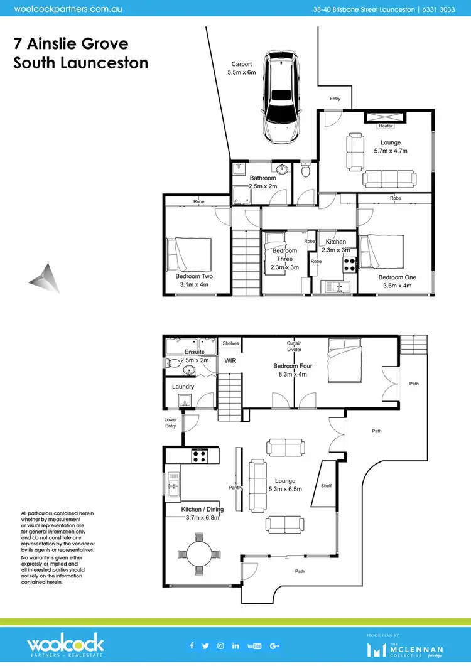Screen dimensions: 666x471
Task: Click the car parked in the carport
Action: [x=281, y=96]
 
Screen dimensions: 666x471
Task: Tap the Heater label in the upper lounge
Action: [x=386, y=126]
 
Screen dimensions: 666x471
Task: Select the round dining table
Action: [x=199, y=553]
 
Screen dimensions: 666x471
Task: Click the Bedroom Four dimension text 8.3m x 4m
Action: [x=293, y=375]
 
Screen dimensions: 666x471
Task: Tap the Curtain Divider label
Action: [x=294, y=346]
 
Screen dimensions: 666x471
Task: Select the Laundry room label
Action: [x=183, y=387]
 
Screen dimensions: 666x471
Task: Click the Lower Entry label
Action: [x=170, y=422]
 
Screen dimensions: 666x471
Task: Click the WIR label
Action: [x=230, y=361]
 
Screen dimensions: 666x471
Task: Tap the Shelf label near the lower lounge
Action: [x=325, y=485]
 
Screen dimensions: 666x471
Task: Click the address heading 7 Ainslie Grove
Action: [x=70, y=44]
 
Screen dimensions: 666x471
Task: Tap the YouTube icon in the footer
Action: [x=254, y=645]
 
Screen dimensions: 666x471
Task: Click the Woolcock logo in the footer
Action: [x=65, y=645]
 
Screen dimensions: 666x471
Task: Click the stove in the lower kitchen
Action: [x=200, y=456]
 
